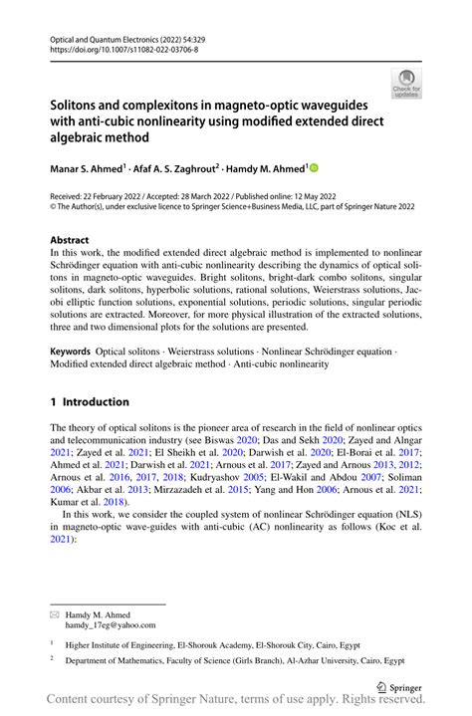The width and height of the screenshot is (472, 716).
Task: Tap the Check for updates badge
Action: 405,83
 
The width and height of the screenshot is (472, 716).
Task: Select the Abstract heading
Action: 69,241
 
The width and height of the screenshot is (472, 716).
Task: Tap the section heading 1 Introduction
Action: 89,402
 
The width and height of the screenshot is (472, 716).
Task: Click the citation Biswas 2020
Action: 202,439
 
